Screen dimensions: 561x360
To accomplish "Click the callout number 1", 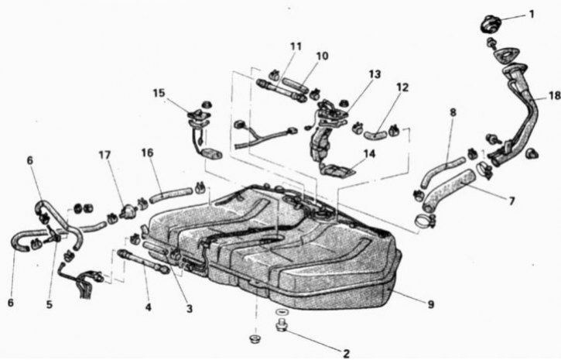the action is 532,14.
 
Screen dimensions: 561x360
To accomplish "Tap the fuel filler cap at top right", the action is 490,24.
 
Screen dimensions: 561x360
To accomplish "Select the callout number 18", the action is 555,96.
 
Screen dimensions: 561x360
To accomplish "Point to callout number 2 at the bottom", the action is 346,354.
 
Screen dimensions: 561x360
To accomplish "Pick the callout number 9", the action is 431,304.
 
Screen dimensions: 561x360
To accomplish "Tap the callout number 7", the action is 512,201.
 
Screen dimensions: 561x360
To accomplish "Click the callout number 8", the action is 453,112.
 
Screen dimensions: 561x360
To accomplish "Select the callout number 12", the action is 402,87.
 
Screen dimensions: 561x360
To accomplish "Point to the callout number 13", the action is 375,74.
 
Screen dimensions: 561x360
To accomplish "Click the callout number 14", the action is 369,154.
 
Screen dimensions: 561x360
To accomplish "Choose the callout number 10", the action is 322,57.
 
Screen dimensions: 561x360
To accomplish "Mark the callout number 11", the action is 296,46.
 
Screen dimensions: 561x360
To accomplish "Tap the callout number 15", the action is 159,93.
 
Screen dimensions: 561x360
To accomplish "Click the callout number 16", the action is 147,153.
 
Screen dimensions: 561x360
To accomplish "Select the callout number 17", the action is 104,155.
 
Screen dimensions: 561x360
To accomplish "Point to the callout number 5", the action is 49,304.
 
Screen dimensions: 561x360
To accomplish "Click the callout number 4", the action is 148,307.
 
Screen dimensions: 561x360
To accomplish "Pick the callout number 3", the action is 190,308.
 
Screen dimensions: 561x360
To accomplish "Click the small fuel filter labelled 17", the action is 128,211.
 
